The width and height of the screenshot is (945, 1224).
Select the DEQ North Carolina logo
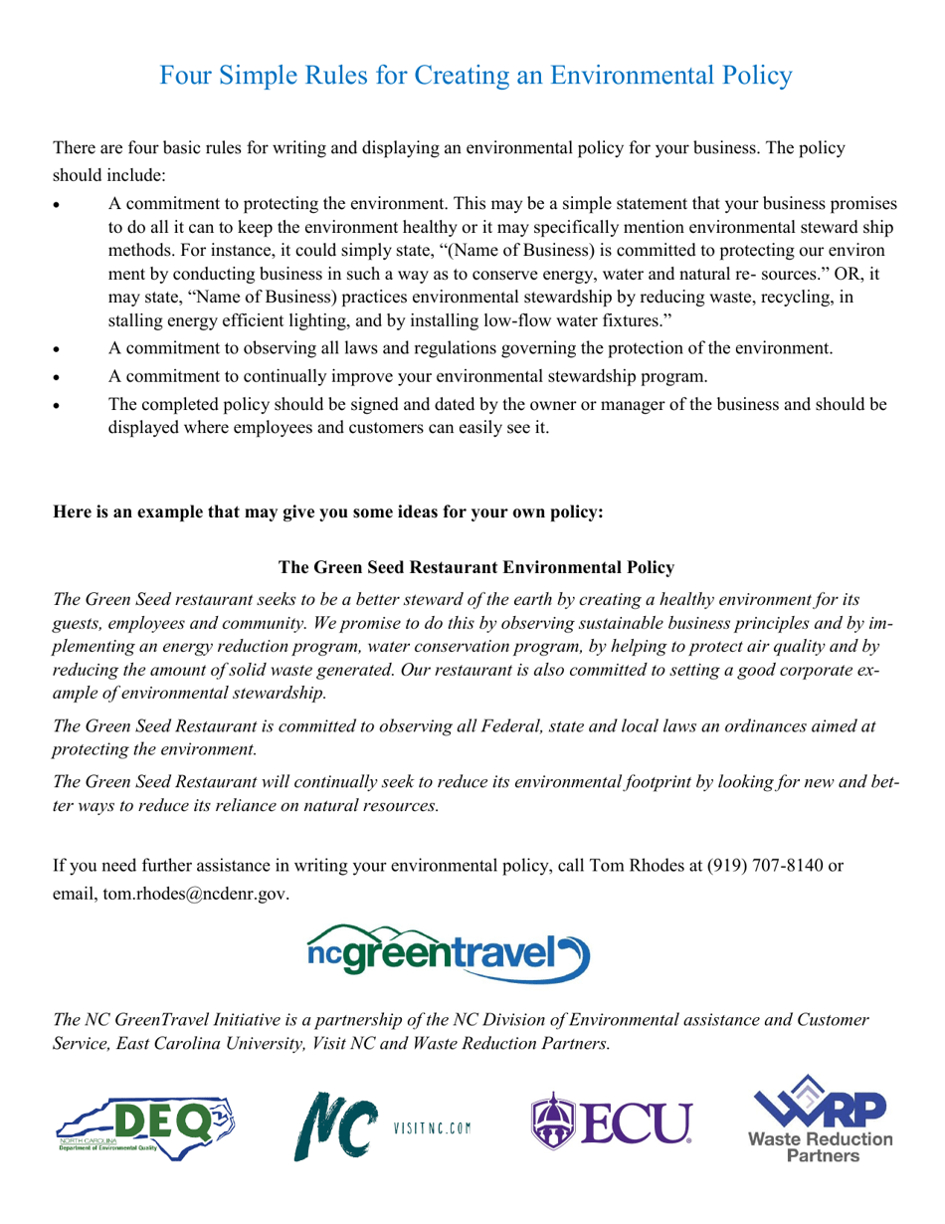coord(145,1127)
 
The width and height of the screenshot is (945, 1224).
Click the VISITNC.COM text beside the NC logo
coord(432,1128)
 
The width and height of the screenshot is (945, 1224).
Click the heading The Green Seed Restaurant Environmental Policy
coord(475,566)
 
